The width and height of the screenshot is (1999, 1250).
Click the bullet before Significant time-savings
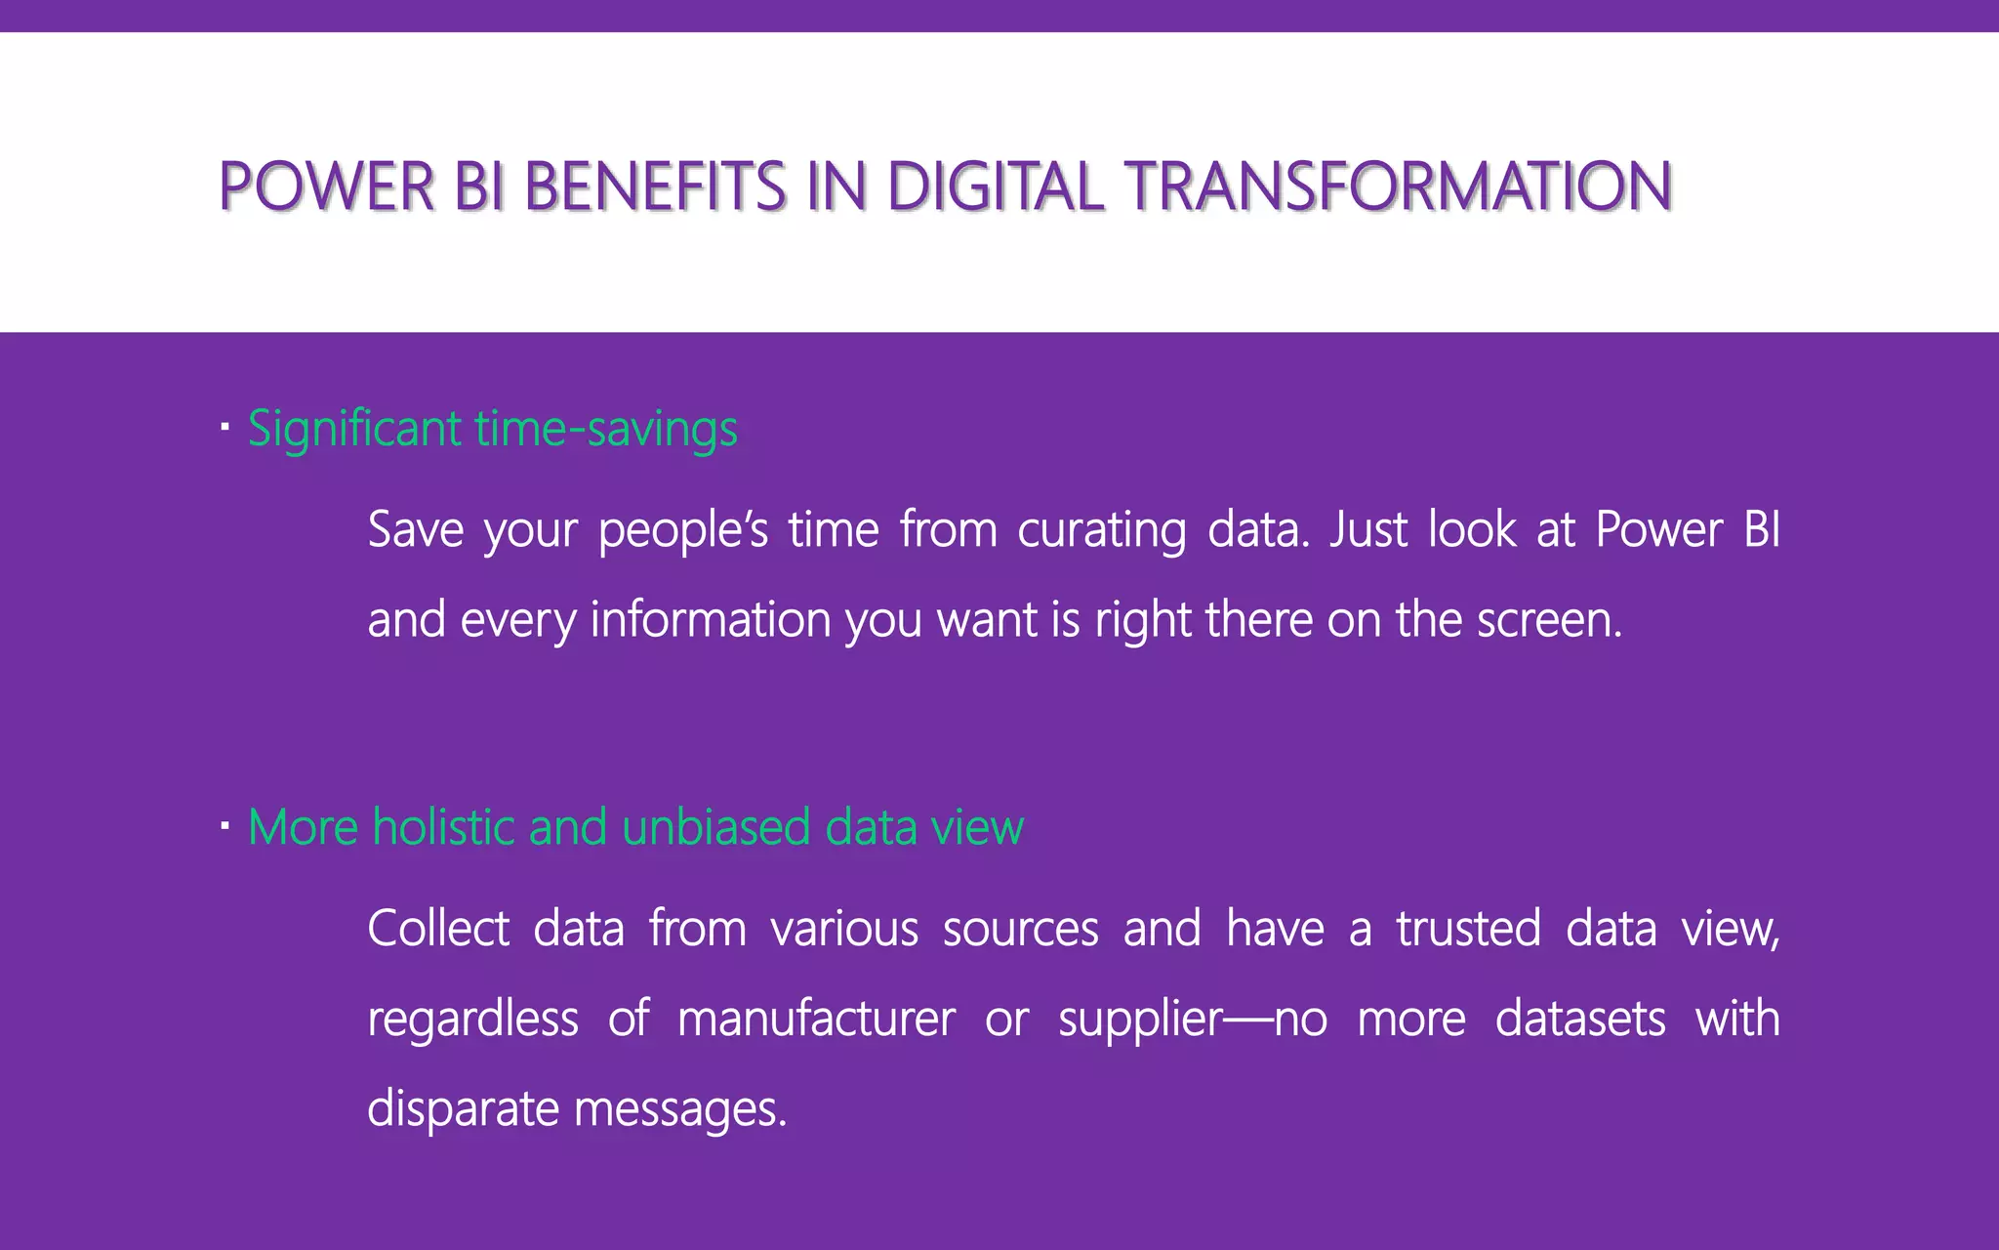(x=224, y=428)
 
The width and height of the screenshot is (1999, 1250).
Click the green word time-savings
(x=606, y=430)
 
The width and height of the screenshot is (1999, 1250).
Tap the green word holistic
(x=443, y=827)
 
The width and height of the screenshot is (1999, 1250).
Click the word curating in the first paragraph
(x=1101, y=531)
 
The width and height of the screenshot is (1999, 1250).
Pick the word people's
(x=683, y=531)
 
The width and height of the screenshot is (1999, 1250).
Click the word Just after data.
(x=1368, y=529)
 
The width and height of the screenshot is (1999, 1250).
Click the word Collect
(x=438, y=928)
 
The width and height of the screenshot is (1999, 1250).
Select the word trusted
(x=1468, y=928)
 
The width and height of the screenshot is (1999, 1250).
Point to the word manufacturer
(x=816, y=1019)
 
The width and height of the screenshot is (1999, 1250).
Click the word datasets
(x=1580, y=1019)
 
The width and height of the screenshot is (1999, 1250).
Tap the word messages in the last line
(x=680, y=1110)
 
